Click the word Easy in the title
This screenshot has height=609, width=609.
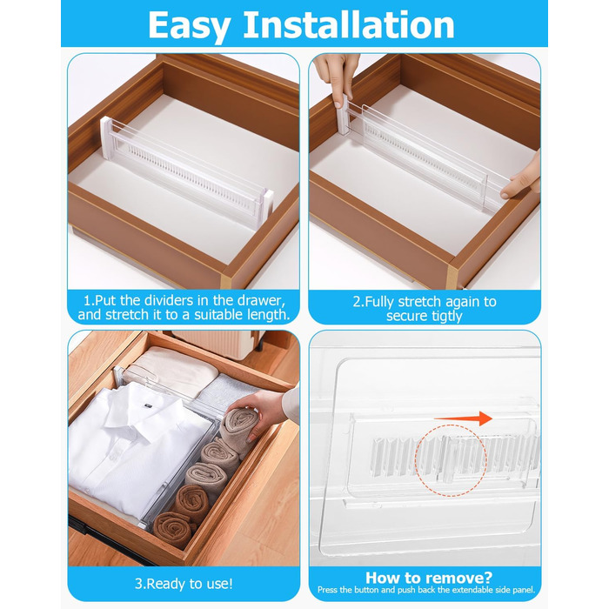[x=189, y=26]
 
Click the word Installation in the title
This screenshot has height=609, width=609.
[x=348, y=24]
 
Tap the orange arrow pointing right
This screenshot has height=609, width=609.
[x=463, y=418]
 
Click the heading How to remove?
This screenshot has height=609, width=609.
[x=429, y=578]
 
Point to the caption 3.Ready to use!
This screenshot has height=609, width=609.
[x=184, y=584]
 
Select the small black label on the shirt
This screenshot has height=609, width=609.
[x=148, y=405]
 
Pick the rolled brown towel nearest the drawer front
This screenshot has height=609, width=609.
[x=172, y=528]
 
